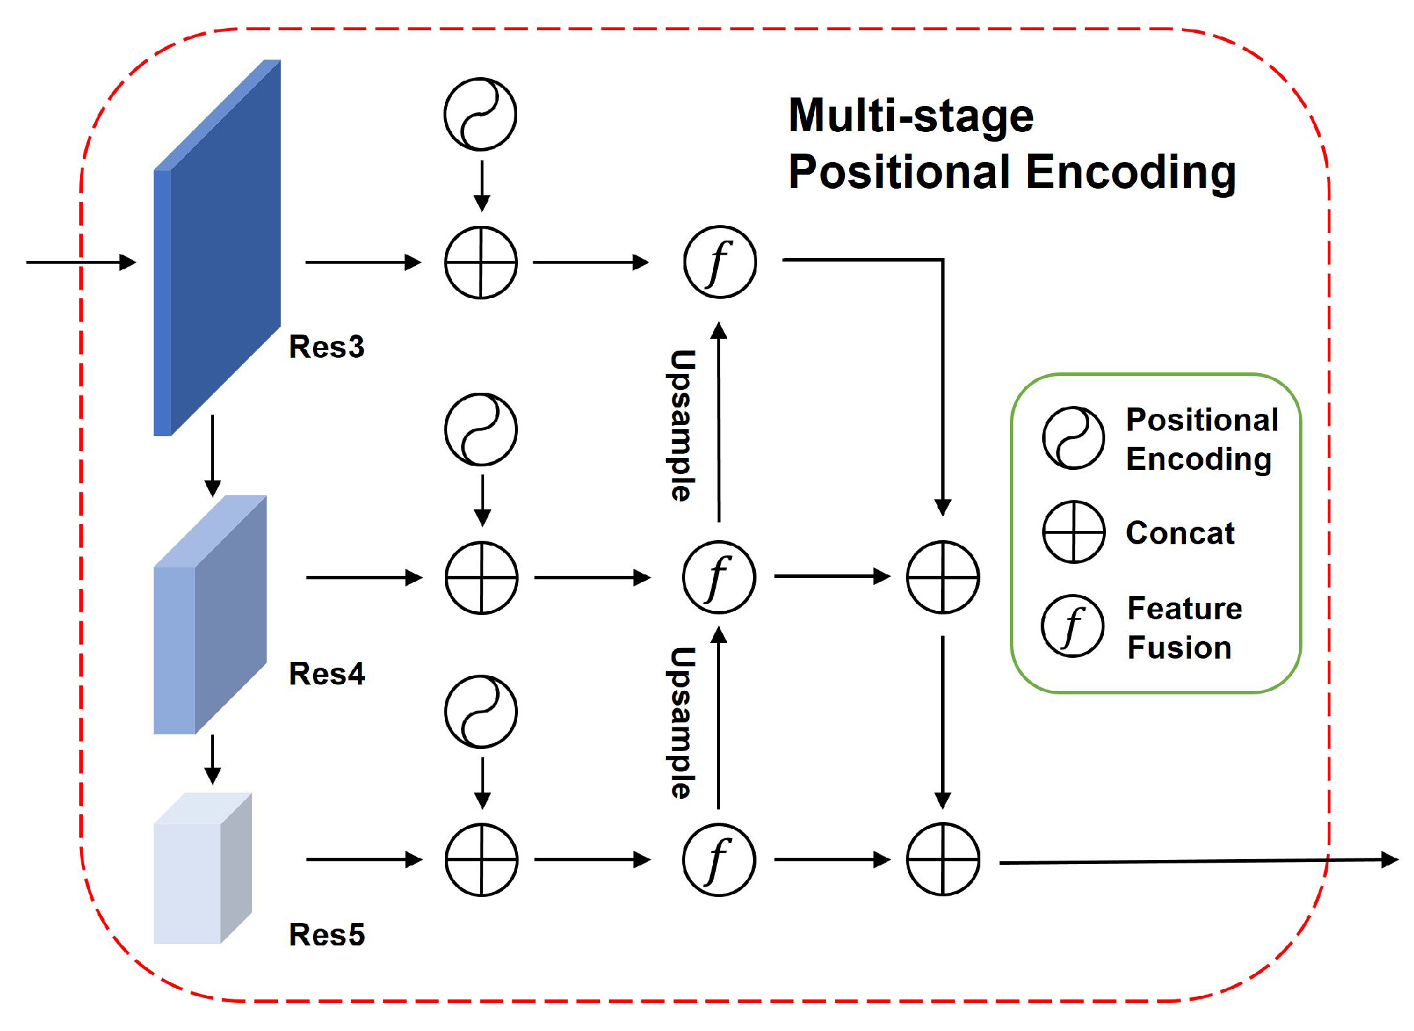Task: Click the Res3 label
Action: click(326, 346)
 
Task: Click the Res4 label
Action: click(327, 673)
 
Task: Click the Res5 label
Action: click(327, 934)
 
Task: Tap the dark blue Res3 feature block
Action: click(217, 248)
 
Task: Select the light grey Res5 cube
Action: click(202, 868)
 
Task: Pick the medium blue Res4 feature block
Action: click(210, 614)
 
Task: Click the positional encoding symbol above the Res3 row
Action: click(481, 114)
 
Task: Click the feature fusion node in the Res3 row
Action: click(720, 262)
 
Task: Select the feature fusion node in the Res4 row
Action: click(719, 577)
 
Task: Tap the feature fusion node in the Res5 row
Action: click(719, 859)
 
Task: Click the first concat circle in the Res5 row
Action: click(481, 859)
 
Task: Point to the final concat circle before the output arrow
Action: click(943, 859)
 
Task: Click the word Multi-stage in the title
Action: click(911, 115)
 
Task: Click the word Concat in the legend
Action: click(1180, 533)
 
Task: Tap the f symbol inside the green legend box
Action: click(1072, 626)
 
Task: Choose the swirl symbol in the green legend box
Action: click(1074, 438)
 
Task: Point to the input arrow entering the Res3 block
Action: click(81, 262)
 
